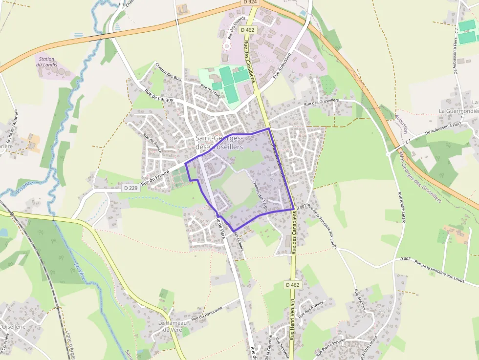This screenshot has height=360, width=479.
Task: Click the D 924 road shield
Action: (249, 2)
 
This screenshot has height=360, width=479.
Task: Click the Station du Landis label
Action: (47, 62)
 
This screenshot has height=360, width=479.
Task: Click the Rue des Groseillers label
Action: (321, 102)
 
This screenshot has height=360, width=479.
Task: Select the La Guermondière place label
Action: (458, 111)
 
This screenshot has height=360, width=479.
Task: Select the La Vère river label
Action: (80, 272)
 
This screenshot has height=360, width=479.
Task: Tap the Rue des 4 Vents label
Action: (311, 309)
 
